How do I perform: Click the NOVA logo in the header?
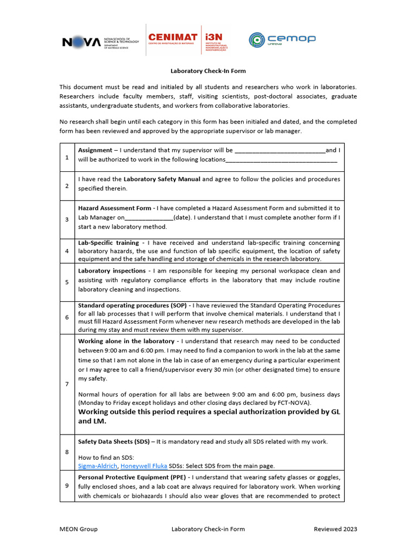point(81,41)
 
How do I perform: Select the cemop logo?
point(282,40)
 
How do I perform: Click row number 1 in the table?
point(67,157)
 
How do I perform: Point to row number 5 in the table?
point(67,282)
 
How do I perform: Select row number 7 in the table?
point(67,384)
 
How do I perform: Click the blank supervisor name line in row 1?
point(280,151)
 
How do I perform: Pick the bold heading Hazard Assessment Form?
point(114,208)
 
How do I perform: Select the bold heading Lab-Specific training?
point(109,243)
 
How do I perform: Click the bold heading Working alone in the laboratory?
point(126,341)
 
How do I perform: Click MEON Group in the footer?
point(79,529)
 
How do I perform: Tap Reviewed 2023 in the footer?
point(336,529)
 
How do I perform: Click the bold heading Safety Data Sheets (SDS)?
point(113,442)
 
